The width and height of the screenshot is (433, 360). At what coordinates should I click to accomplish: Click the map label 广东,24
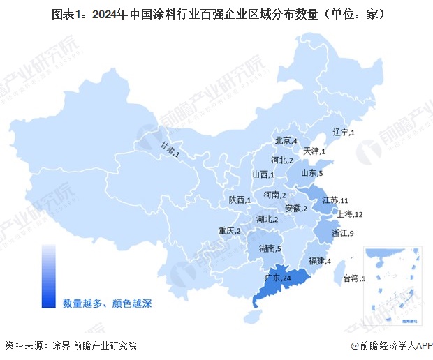(x=278, y=278)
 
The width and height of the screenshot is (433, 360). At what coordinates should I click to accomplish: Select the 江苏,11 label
(x=335, y=200)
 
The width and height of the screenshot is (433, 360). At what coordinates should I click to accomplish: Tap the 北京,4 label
(x=286, y=140)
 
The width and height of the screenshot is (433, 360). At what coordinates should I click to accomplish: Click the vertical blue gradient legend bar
(x=48, y=276)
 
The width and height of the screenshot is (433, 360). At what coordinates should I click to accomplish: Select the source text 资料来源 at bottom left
(x=22, y=345)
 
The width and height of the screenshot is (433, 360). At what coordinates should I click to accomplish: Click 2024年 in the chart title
(x=108, y=13)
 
